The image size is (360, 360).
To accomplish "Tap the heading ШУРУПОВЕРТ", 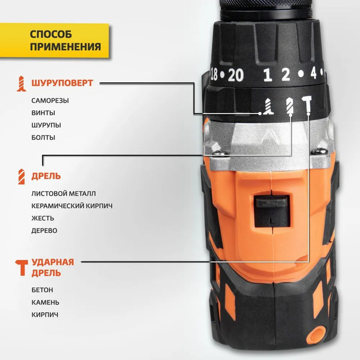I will click(x=62, y=83).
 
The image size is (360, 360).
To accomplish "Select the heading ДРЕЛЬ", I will click(x=46, y=176).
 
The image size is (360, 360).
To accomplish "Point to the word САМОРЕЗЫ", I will click(x=50, y=101).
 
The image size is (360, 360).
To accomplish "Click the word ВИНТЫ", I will click(x=43, y=113).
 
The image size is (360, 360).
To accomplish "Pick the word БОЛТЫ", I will click(x=43, y=137).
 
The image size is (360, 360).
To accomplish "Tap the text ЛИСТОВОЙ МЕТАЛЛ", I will click(x=64, y=194).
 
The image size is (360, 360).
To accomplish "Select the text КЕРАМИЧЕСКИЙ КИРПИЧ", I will click(x=72, y=206).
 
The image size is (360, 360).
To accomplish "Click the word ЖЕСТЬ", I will click(x=43, y=218).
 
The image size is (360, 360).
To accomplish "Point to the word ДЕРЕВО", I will click(x=44, y=230).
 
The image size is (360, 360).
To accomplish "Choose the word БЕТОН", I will click(x=43, y=290).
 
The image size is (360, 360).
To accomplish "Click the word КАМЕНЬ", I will click(x=45, y=302).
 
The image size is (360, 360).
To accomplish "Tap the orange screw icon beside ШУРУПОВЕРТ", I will click(x=22, y=83).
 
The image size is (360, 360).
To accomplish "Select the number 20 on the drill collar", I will click(x=236, y=75).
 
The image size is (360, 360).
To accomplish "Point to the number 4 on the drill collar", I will click(x=313, y=75).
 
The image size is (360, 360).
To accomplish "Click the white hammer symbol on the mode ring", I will click(x=308, y=106).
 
